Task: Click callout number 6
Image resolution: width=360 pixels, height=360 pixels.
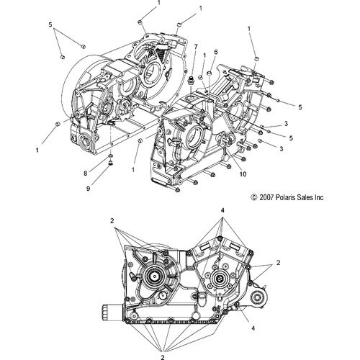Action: pos(215,52)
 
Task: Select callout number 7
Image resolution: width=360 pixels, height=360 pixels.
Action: pos(195,47)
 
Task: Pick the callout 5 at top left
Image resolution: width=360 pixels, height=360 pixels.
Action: pos(50,25)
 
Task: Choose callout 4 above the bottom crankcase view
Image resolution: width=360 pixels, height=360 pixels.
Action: pos(223,210)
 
